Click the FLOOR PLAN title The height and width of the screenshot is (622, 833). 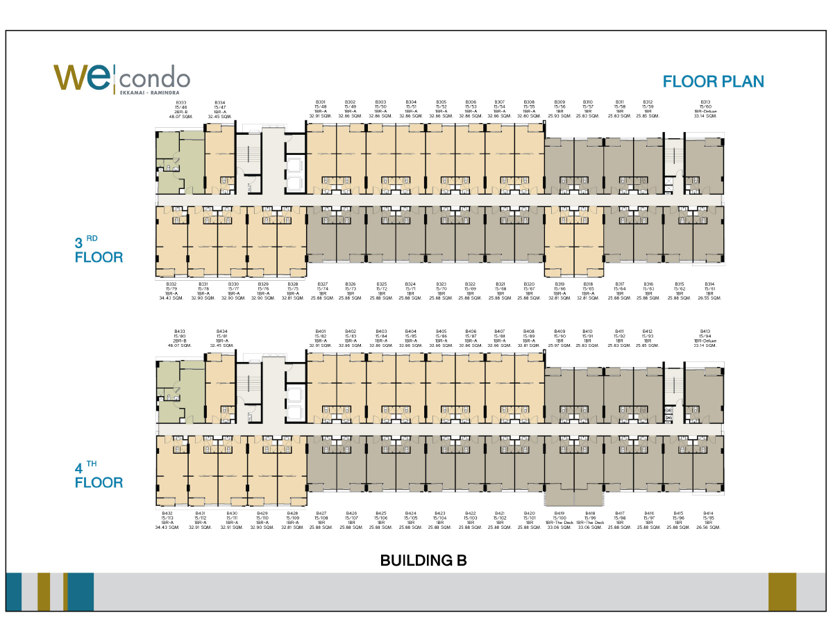[x=713, y=81]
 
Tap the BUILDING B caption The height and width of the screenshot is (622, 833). [x=423, y=560]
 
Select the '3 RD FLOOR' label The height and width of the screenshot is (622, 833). [x=99, y=251]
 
